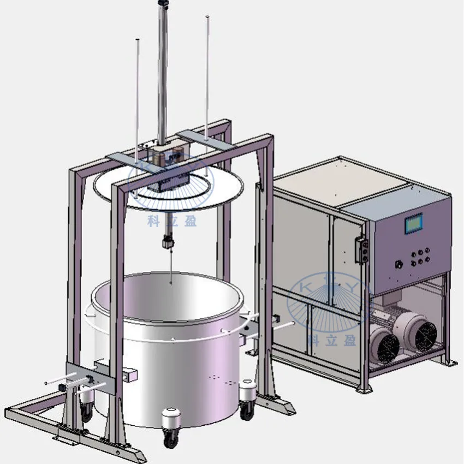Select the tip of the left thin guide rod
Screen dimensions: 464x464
click(x=136, y=40)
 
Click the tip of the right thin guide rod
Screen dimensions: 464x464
click(x=207, y=17)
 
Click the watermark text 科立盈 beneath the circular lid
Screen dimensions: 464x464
click(x=171, y=221)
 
